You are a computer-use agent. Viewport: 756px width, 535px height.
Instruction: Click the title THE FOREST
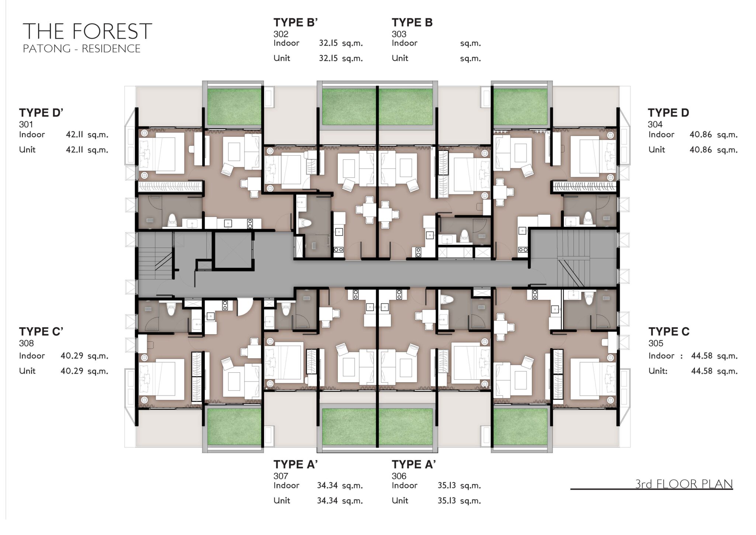87,31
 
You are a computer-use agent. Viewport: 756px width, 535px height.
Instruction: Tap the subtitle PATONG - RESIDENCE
82,49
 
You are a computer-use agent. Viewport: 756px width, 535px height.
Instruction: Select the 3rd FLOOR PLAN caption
684,484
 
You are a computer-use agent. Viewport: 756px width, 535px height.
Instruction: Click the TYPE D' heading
41,113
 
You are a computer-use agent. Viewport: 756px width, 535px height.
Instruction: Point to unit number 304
655,124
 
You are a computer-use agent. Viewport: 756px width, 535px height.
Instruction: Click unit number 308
26,343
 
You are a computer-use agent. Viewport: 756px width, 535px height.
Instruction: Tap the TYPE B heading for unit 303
412,23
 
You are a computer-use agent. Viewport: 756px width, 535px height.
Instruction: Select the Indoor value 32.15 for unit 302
328,43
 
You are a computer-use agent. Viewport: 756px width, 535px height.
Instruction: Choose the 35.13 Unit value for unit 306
447,501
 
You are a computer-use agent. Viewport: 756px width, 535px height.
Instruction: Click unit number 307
281,476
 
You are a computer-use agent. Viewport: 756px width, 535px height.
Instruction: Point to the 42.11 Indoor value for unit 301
75,135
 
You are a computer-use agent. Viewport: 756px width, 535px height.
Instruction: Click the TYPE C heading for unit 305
669,332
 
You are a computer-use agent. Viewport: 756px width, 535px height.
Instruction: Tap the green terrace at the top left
234,107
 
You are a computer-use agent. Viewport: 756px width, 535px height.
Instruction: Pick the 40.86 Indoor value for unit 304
701,135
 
